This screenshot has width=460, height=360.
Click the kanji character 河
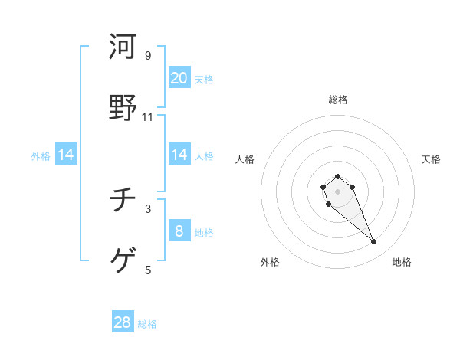[123, 47]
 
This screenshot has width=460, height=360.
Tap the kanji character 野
[123, 106]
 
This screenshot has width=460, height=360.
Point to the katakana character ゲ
[123, 260]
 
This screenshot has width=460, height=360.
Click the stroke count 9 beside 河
[148, 56]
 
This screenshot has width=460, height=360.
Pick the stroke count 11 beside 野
[148, 116]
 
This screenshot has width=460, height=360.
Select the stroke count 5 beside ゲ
[148, 270]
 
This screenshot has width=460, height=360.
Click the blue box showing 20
[179, 78]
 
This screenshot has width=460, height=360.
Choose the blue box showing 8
[179, 231]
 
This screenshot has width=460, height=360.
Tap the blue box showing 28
[123, 322]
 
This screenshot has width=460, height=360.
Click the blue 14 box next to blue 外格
[66, 155]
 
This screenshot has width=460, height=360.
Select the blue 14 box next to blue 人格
[179, 155]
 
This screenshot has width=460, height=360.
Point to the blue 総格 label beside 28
[147, 324]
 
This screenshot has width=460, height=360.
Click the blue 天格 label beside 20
[204, 80]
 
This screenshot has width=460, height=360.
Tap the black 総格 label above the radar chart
[338, 100]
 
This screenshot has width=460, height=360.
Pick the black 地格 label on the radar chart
[402, 263]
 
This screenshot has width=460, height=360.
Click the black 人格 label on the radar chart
[245, 159]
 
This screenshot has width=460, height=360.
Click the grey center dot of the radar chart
[337, 191]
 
